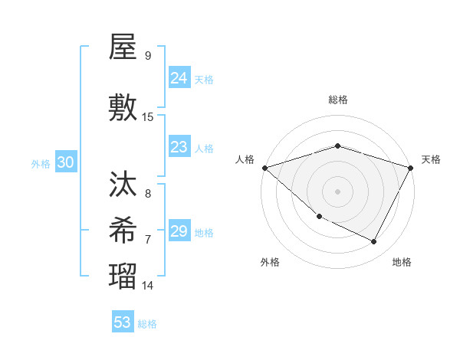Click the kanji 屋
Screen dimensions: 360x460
123,49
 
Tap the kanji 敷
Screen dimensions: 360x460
123,109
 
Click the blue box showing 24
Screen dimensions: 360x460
179,77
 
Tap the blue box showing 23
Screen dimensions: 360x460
179,146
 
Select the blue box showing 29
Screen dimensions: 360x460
179,231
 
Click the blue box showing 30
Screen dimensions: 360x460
65,162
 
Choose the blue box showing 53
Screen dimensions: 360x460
123,322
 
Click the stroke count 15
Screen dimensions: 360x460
148,116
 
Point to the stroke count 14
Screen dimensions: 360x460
148,285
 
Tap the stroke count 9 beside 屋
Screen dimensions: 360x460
148,55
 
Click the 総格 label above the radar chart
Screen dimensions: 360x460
337,100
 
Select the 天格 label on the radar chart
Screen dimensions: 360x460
431,159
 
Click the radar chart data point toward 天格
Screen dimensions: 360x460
411,168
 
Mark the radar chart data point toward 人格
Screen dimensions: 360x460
264,168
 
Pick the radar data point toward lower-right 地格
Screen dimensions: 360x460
374,242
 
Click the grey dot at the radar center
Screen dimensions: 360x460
337,191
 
